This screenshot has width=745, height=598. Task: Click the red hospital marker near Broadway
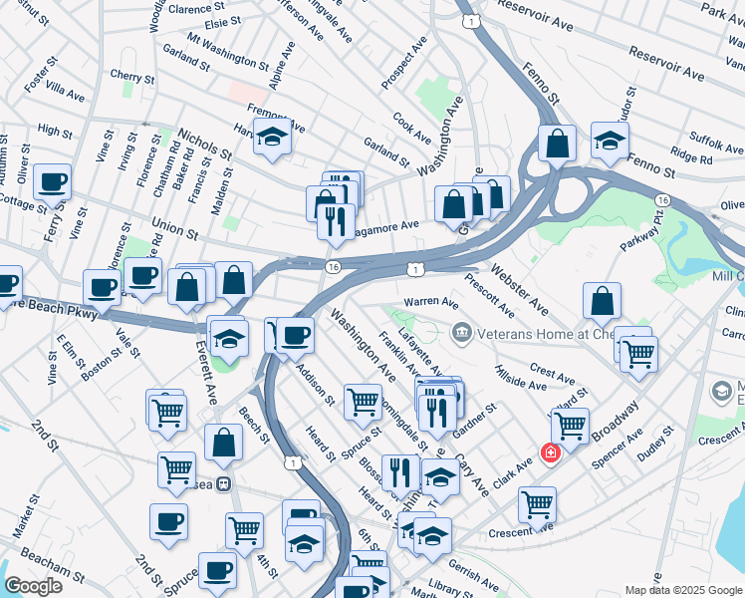coord(549,453)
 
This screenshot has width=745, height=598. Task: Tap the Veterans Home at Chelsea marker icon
coord(461,331)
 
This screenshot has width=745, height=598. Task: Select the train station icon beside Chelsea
coord(226,484)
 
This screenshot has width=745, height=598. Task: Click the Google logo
coord(33,585)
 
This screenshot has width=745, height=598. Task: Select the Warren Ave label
coord(430,302)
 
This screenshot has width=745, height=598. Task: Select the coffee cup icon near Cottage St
coord(52,182)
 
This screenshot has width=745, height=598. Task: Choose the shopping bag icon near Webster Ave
coord(602,300)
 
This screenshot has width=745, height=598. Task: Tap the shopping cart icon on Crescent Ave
coord(537,504)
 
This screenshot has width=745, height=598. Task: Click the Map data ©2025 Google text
coord(682,590)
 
